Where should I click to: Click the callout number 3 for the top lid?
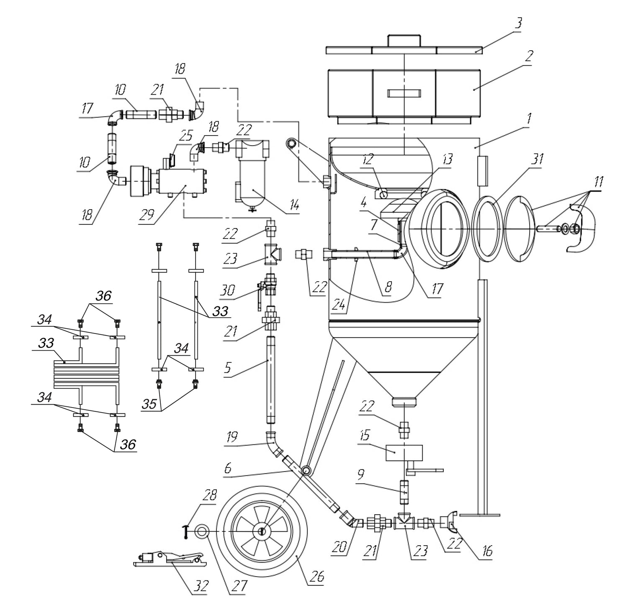tap(518, 23)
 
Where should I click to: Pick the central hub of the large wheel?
tap(262, 531)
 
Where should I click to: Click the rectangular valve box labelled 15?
tap(404, 453)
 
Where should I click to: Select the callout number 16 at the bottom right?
tap(486, 552)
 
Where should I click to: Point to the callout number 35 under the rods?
tap(150, 404)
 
